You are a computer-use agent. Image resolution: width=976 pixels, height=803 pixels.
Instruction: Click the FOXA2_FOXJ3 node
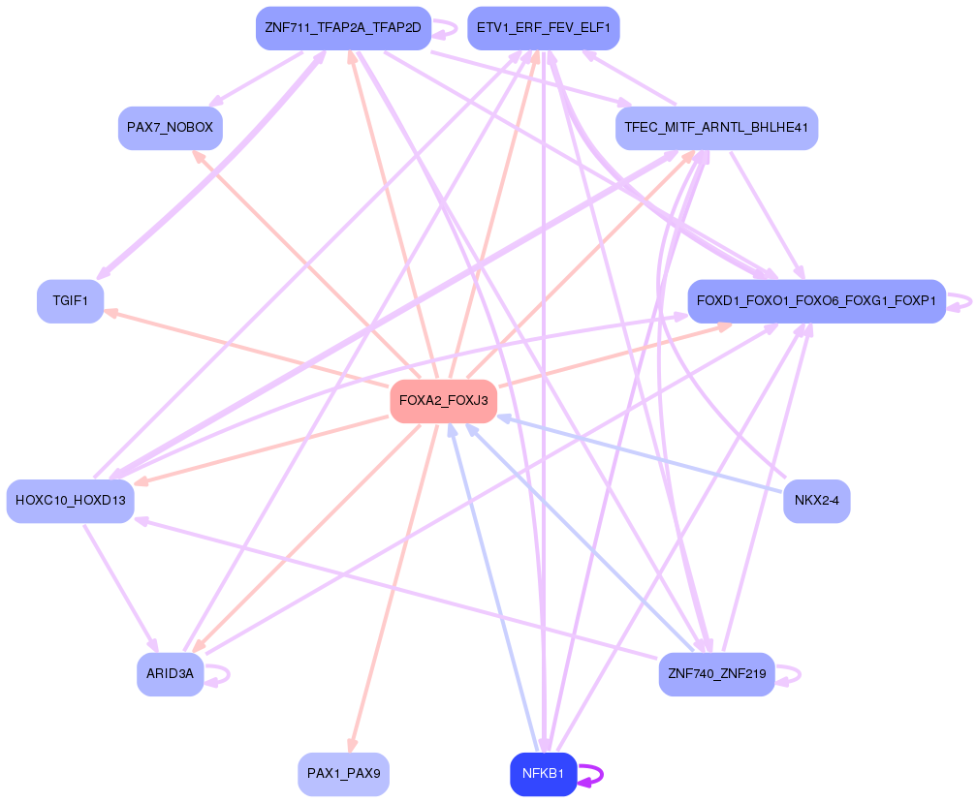(443, 401)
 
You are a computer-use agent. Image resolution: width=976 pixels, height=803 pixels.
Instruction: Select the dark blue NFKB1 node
(543, 774)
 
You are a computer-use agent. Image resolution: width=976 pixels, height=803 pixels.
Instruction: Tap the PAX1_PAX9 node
(343, 774)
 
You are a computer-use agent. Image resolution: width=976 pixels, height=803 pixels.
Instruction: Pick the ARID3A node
(170, 673)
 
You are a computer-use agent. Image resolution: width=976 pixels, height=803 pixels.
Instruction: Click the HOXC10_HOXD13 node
(70, 501)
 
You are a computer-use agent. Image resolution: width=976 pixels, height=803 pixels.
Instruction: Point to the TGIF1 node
(70, 301)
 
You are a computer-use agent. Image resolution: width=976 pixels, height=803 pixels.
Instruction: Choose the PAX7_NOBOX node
(171, 128)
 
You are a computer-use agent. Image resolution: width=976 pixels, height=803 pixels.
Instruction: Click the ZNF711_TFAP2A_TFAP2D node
(342, 28)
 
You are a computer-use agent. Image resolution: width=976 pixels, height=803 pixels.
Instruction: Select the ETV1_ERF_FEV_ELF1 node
(543, 28)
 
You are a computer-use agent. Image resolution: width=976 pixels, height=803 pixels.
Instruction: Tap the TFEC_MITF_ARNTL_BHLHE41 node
(716, 128)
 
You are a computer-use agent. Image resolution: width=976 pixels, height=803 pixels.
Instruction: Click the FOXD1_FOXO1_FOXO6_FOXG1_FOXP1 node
(816, 301)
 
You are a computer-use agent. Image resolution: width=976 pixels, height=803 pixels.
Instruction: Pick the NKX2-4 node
(816, 501)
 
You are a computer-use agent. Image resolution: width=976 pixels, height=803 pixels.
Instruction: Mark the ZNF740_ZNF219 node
(716, 673)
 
